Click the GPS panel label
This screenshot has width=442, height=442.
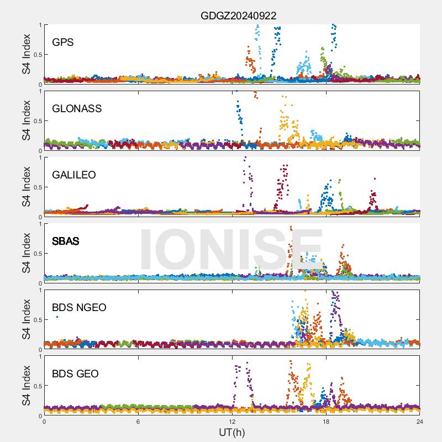point(62,42)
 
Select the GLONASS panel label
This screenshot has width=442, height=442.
point(77,108)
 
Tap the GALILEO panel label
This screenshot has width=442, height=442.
point(73,175)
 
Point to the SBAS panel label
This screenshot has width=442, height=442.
point(65,241)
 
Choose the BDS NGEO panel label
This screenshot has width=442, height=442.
point(79,307)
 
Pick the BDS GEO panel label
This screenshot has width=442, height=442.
point(75,373)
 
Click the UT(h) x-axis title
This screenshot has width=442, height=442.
point(232,432)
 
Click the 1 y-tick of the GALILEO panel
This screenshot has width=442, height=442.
point(39,157)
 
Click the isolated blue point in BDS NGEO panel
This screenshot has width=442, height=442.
point(57,317)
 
